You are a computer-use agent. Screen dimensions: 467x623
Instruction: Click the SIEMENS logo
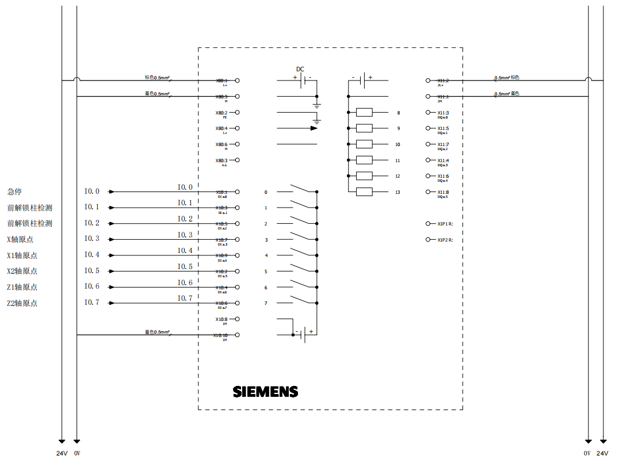[x=265, y=392]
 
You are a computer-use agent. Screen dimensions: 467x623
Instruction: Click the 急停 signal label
[x=14, y=192]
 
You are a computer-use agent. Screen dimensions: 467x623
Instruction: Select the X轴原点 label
[x=22, y=239]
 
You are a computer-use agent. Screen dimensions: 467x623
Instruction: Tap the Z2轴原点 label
[x=22, y=303]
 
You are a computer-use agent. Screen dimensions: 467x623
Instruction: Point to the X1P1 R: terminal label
[x=445, y=224]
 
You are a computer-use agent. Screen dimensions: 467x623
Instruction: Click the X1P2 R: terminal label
[x=445, y=240]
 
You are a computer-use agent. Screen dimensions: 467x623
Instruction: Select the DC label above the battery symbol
[x=300, y=69]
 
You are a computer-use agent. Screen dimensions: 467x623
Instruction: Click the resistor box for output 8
[x=364, y=113]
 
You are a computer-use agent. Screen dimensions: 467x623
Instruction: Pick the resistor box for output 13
[x=364, y=192]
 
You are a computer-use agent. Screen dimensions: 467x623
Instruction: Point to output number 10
[x=398, y=144]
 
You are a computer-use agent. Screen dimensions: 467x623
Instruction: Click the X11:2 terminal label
[x=443, y=81]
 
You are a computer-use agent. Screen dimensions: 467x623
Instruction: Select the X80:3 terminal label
[x=221, y=160]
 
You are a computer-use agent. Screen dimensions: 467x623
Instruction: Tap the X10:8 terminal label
[x=221, y=319]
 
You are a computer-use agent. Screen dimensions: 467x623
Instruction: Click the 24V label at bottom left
[x=62, y=453]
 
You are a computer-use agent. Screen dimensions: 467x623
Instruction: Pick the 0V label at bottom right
[x=587, y=453]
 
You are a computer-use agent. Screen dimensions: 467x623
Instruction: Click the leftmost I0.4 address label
[x=91, y=255]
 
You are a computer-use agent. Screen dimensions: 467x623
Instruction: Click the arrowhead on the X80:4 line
[x=314, y=128]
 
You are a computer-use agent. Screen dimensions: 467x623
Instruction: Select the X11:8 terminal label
[x=443, y=192]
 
